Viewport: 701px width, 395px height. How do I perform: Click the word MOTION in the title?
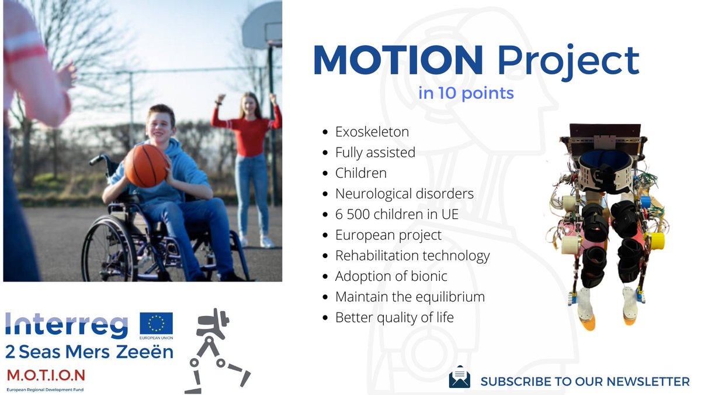398,60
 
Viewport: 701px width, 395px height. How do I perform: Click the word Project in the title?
568,62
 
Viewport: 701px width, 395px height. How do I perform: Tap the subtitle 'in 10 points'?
466,93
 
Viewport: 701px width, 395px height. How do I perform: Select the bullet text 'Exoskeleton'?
372,132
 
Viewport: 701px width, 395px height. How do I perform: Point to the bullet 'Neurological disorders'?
404,194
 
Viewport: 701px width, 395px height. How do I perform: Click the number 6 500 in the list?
352,214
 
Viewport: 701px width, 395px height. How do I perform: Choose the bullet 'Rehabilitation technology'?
412,256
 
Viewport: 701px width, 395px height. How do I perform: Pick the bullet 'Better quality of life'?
394,318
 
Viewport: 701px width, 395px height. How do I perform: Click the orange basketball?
146,166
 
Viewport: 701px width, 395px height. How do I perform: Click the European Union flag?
156,323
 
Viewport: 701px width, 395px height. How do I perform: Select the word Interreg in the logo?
67,325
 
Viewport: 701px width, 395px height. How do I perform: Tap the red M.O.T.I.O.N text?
46,375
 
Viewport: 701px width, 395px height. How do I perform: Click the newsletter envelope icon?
459,376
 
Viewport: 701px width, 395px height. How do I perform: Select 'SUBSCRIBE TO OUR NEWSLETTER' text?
585,382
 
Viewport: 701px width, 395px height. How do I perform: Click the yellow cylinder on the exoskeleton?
656,241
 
